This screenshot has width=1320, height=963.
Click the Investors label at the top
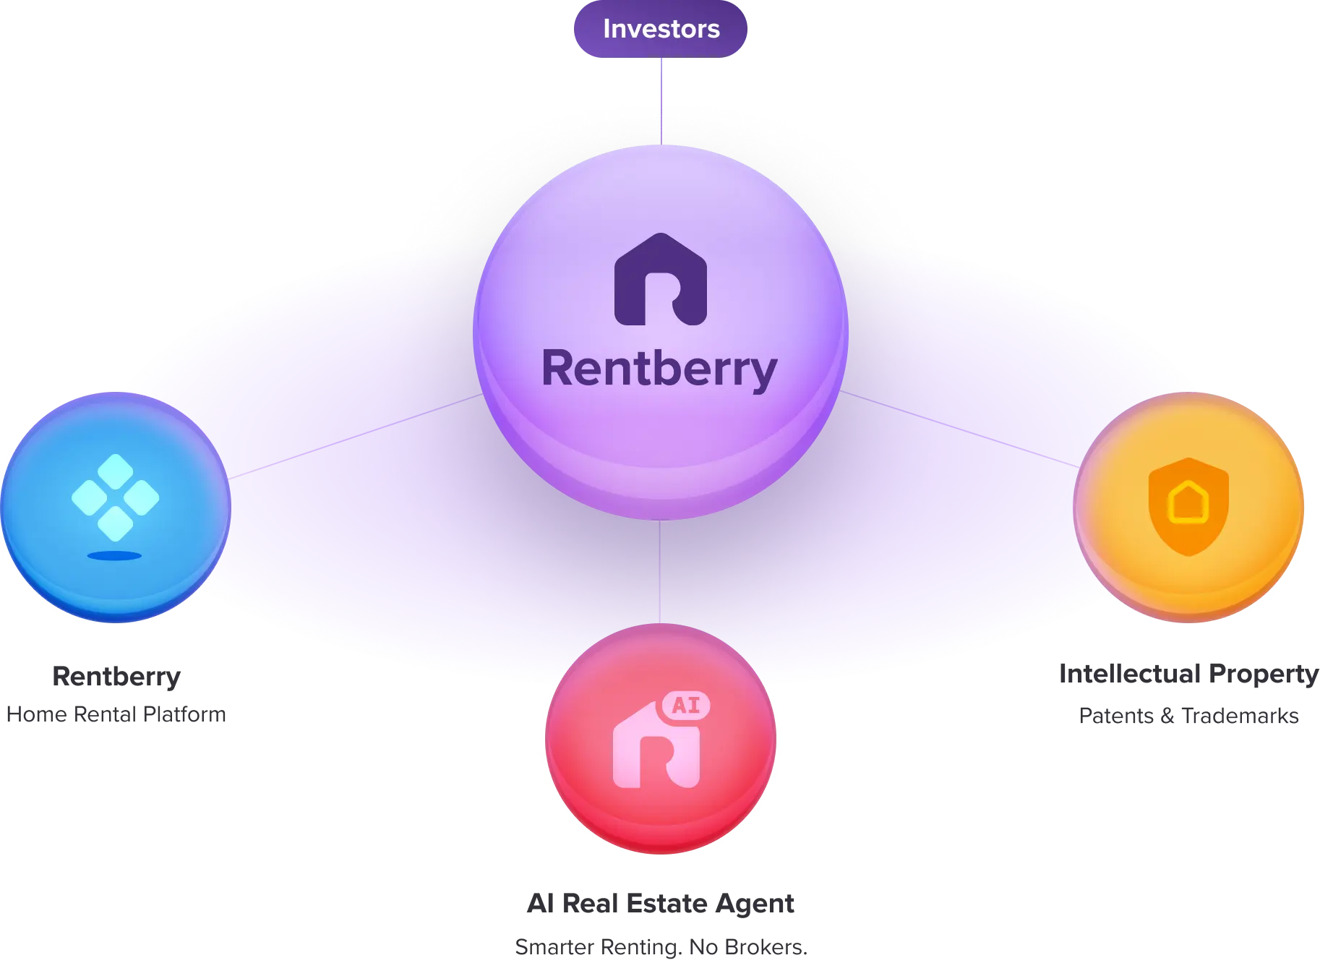click(x=661, y=29)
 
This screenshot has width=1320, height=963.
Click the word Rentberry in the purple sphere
click(x=659, y=369)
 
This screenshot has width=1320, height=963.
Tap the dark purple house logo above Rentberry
click(x=660, y=279)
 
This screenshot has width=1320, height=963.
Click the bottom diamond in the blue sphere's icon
click(x=116, y=523)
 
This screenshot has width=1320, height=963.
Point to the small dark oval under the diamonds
click(x=114, y=555)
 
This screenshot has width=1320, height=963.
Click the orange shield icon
click(x=1188, y=506)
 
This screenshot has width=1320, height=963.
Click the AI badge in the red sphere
click(x=685, y=704)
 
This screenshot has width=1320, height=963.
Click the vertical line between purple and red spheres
click(x=660, y=571)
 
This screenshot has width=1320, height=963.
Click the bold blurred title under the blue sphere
click(x=116, y=677)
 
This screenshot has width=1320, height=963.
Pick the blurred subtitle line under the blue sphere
click(x=116, y=714)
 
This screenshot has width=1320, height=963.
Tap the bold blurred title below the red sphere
click(x=661, y=903)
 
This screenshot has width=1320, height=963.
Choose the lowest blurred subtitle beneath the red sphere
click(x=661, y=947)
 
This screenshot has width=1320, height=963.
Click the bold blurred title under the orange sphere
click(x=1188, y=673)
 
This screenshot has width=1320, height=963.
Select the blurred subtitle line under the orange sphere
click(x=1188, y=718)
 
